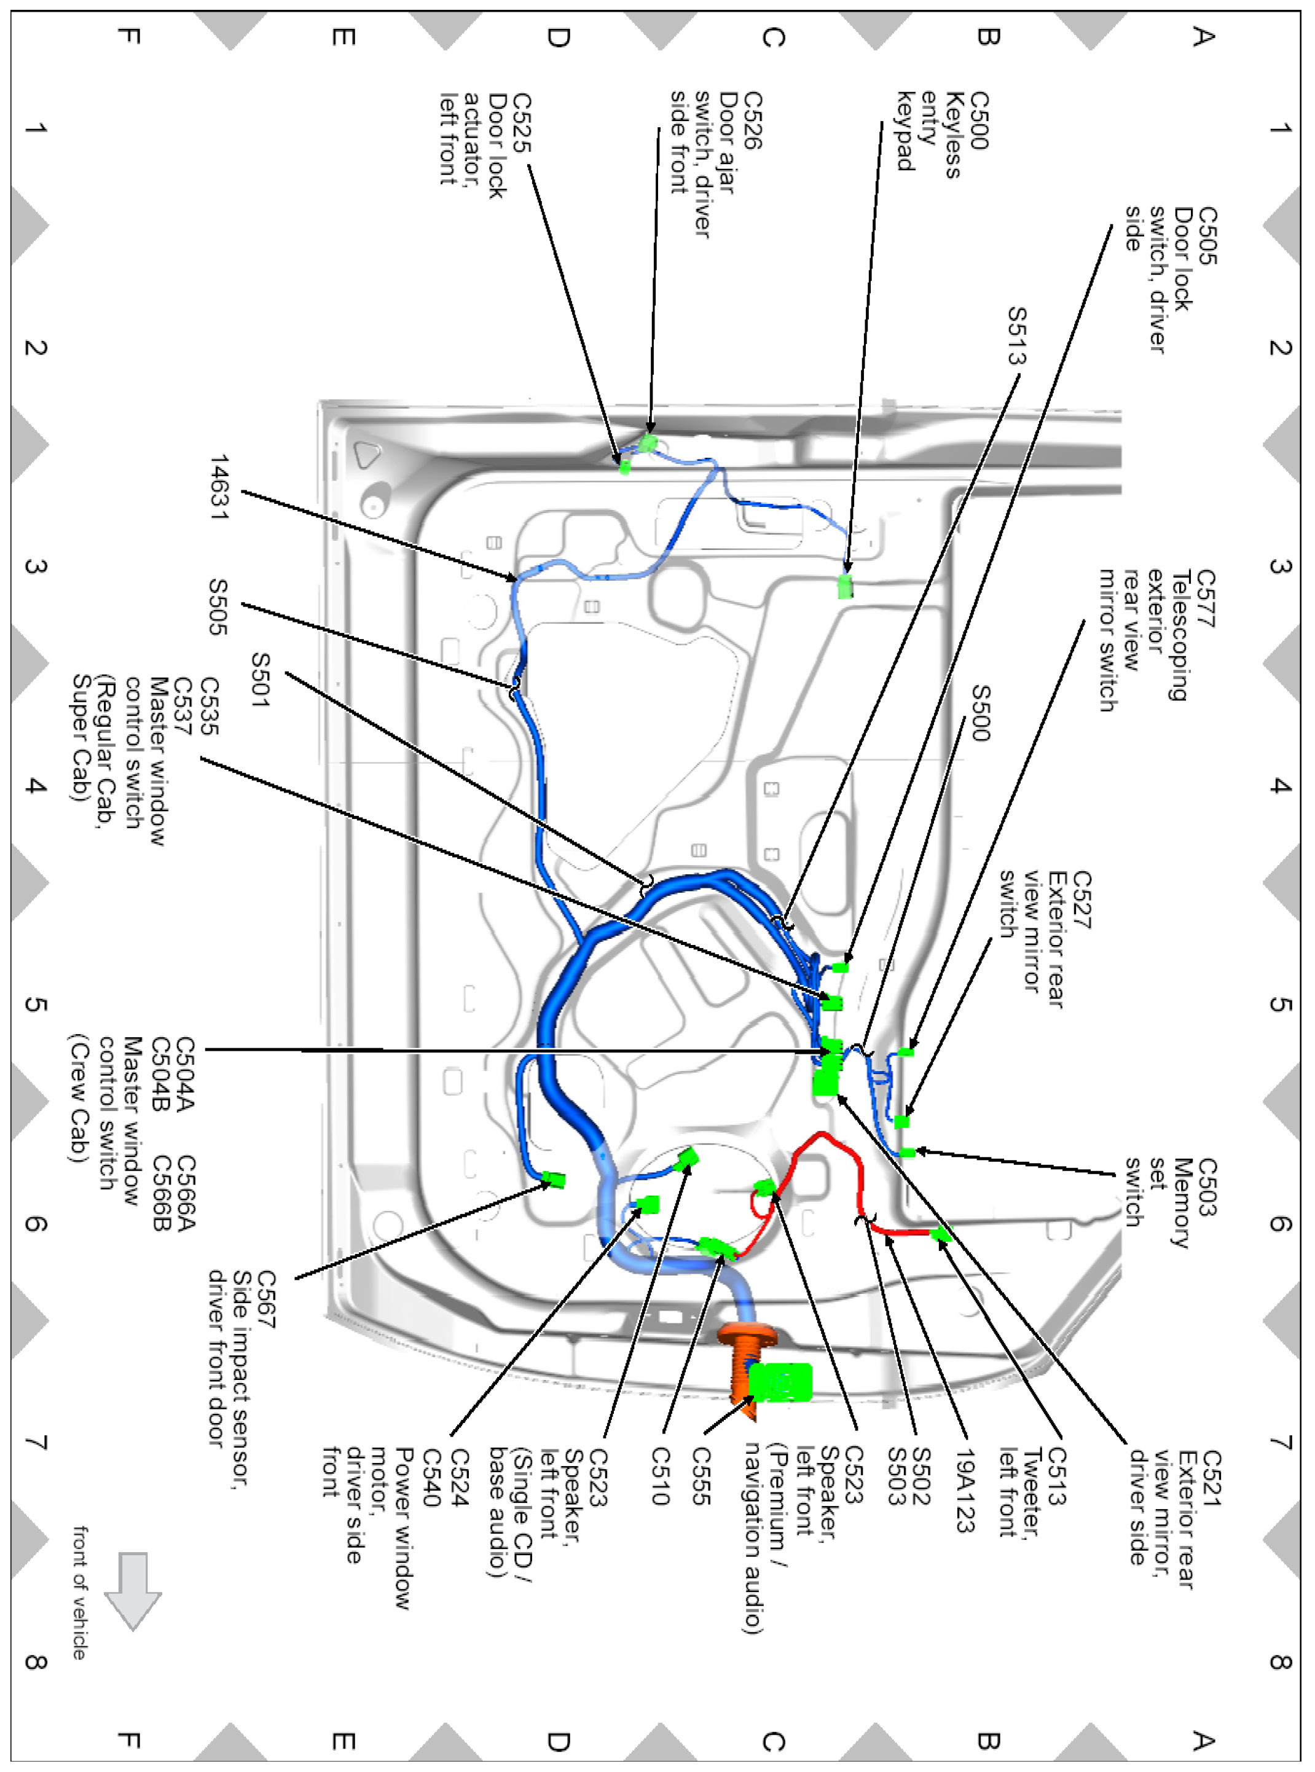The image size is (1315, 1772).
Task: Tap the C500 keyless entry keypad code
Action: point(978,121)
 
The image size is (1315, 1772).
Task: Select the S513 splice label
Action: point(1016,335)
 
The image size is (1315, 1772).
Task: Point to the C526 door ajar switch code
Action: point(752,121)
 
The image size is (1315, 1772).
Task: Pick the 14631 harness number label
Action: point(219,487)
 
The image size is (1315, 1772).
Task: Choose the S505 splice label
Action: point(218,606)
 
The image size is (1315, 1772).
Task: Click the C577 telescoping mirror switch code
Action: point(1205,598)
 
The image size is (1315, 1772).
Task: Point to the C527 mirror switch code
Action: point(1081,900)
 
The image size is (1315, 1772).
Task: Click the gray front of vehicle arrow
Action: point(133,1588)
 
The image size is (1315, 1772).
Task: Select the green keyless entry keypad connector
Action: point(844,586)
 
